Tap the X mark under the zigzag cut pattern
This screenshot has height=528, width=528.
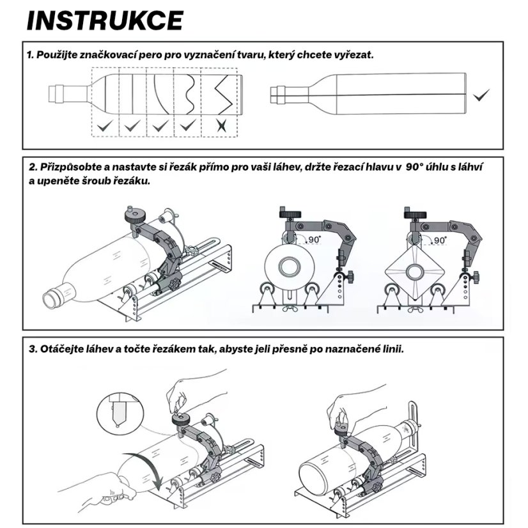coord(221,125)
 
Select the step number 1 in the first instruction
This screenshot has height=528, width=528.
coord(30,55)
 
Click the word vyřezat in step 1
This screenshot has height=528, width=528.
coord(352,55)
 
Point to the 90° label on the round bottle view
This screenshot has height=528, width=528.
coord(314,239)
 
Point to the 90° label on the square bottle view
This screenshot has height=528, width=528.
coord(440,240)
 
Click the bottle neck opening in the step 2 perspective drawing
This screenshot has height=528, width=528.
coord(49,298)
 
